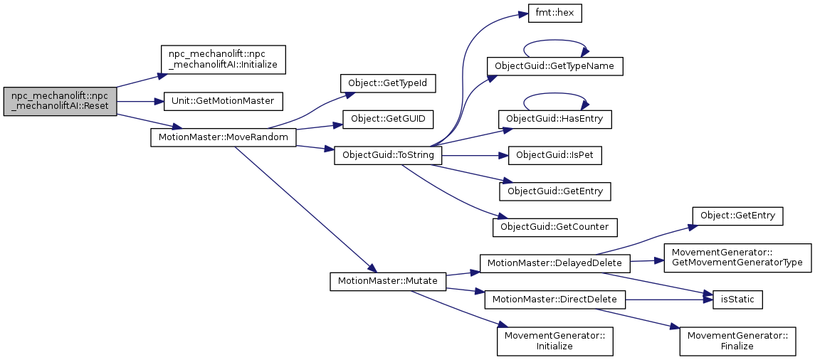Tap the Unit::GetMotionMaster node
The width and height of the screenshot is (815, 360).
point(224,101)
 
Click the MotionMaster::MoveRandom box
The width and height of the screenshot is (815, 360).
point(223,137)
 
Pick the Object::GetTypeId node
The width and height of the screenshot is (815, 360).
point(387,84)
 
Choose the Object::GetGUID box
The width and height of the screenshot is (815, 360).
point(388,119)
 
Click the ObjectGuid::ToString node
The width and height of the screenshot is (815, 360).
point(388,154)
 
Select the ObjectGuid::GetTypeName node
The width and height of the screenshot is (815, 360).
point(554,67)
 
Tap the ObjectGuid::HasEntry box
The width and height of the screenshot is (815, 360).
point(554,119)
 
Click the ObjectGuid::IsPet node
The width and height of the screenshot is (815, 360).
point(554,154)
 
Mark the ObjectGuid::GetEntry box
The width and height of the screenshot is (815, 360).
point(554,191)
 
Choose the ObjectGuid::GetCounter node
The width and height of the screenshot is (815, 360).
point(554,226)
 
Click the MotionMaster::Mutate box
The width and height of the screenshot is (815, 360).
point(388,281)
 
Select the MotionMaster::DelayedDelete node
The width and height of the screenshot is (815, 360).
point(554,263)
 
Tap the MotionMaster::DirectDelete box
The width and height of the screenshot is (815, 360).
point(554,300)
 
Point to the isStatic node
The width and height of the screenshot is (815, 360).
point(733,300)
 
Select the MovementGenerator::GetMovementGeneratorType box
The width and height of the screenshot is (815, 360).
point(737,258)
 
